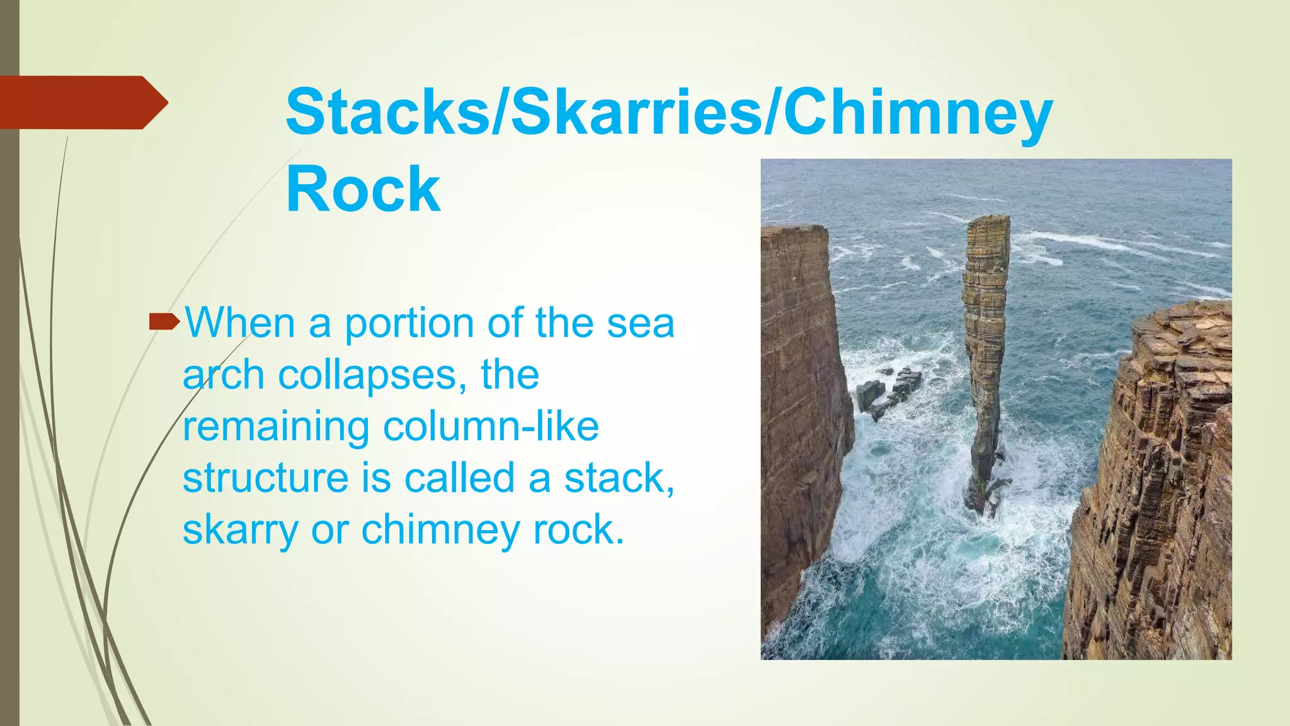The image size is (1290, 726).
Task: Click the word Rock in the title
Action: [363, 189]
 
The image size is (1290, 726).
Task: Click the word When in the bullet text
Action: [240, 323]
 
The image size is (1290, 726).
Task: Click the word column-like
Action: [491, 427]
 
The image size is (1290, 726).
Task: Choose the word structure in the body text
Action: [265, 478]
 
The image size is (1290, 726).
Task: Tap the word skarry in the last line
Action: [240, 531]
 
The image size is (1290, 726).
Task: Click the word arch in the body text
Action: [223, 375]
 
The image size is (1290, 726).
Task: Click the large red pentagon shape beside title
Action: [82, 103]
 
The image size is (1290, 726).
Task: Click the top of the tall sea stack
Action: [988, 221]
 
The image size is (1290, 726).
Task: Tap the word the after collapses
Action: [510, 375]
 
